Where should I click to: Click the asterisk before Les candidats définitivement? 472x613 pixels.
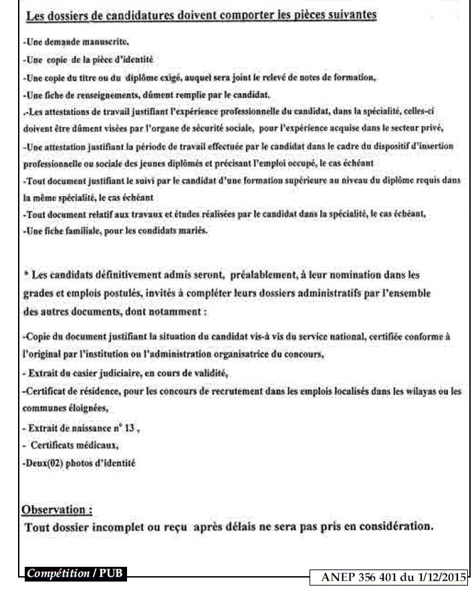tap(25, 274)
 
